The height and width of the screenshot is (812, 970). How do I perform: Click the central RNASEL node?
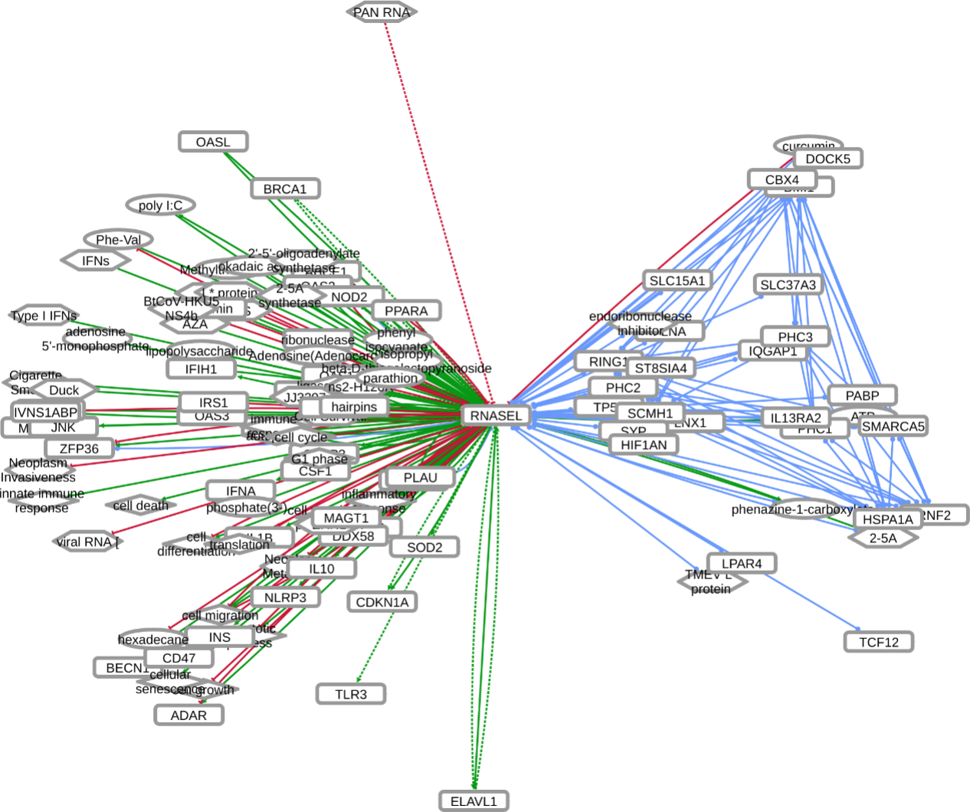click(x=496, y=416)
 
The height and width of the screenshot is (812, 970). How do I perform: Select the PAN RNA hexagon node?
click(x=382, y=12)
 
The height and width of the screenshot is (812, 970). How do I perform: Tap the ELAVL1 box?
click(x=474, y=801)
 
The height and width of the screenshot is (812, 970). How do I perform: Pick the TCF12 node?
click(x=878, y=642)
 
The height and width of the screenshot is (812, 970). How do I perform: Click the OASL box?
click(x=213, y=142)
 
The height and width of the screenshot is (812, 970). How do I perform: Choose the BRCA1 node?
click(x=285, y=188)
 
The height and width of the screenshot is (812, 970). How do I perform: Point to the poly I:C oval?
click(x=161, y=205)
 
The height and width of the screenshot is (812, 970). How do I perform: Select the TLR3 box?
click(x=351, y=694)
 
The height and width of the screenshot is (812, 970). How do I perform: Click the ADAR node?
click(x=188, y=715)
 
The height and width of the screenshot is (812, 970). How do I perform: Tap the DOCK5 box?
click(x=827, y=159)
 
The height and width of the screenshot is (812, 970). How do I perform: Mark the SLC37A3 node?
click(x=788, y=285)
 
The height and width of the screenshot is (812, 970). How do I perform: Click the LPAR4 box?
click(x=742, y=564)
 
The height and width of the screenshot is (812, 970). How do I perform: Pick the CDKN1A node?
click(x=382, y=602)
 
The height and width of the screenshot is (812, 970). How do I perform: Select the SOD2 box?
click(x=424, y=547)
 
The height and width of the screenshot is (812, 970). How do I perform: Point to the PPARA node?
click(x=406, y=310)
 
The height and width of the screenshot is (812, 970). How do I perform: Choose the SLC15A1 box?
click(x=677, y=280)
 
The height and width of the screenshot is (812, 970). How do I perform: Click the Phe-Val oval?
click(x=119, y=240)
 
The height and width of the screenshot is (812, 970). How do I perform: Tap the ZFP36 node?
click(x=79, y=448)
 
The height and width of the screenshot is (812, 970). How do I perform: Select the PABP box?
click(x=862, y=395)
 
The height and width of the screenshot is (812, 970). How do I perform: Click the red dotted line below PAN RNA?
click(x=437, y=199)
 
